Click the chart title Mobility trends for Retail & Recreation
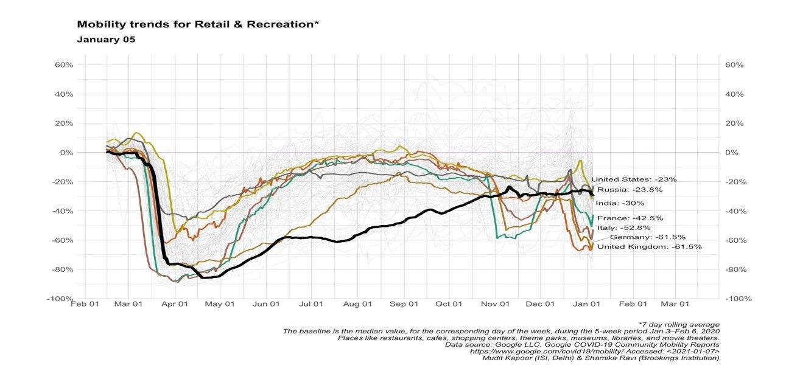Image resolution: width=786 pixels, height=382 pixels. click(x=198, y=25)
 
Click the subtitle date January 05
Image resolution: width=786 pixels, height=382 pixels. click(x=106, y=40)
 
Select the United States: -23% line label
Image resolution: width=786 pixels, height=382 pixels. click(x=634, y=179)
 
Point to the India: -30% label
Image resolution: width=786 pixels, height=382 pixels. click(x=620, y=203)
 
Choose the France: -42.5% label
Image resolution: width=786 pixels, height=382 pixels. click(x=630, y=218)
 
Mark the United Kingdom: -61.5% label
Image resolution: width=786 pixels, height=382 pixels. click(x=649, y=247)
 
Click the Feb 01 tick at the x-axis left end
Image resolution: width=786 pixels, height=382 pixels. click(x=85, y=304)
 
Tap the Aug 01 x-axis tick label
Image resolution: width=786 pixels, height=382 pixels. click(x=357, y=304)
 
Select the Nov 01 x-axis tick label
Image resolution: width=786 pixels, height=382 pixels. click(x=494, y=304)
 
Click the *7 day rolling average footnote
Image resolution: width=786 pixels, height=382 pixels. click(x=679, y=324)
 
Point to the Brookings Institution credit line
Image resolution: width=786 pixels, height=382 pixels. click(x=600, y=358)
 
